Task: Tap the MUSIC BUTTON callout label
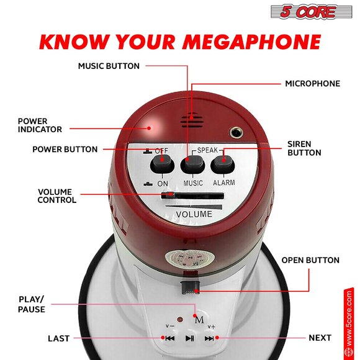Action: point(109,66)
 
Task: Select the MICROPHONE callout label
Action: point(312,83)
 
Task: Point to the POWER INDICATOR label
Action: point(40,125)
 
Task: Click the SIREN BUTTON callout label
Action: point(304,148)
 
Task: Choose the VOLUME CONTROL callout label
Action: point(57,196)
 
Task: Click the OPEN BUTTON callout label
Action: point(310,260)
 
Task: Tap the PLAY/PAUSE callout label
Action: point(32,304)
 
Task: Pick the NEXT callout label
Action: point(320,338)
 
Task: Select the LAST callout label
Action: point(58,338)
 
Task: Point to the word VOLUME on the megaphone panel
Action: point(194,215)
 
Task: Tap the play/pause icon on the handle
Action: point(190,338)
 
